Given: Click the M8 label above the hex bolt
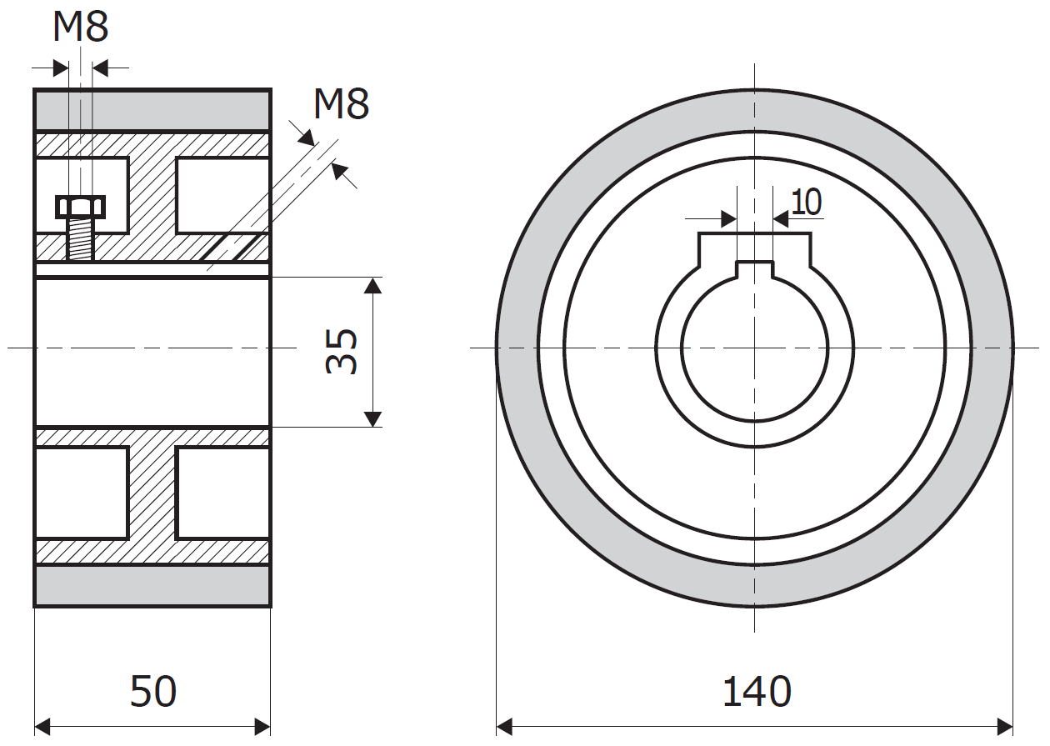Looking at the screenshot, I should coord(80,27).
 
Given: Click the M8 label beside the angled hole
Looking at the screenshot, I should coord(341,104).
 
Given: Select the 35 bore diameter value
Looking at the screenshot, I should coord(342,351).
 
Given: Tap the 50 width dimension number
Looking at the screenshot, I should coord(153,692).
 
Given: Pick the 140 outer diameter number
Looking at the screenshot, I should coord(756,692).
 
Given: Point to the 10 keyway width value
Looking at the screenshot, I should coord(806,202).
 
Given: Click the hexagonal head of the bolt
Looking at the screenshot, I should coord(80,206).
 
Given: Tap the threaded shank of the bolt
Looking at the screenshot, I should coord(80,238).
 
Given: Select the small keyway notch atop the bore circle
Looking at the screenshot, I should coord(755,268).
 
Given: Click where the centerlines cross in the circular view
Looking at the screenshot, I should coord(755,348).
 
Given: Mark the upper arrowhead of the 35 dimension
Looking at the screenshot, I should coord(372,285).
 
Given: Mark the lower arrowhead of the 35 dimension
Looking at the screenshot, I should coord(372,418).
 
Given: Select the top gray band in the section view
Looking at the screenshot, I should coord(152,109).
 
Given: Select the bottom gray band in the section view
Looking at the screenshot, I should coord(152,585).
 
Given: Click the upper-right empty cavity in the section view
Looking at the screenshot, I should coord(222,195).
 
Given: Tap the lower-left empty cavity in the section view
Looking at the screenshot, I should coord(82,493).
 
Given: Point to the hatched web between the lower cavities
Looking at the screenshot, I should coord(152,493).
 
